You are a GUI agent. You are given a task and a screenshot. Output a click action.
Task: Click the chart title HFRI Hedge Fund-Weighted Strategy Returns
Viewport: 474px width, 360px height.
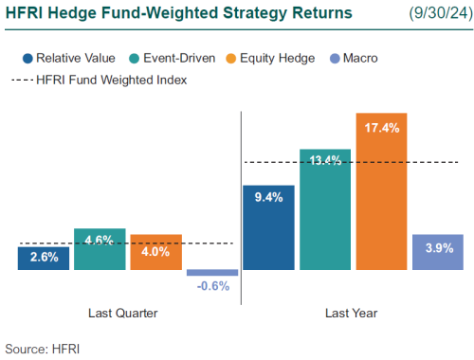point(178,13)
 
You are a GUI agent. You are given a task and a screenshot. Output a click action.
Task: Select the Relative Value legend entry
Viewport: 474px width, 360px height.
point(70,58)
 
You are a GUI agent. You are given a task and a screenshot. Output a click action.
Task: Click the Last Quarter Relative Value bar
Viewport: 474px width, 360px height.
point(44,258)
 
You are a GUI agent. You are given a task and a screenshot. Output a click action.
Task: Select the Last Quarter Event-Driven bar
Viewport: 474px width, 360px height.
point(100,249)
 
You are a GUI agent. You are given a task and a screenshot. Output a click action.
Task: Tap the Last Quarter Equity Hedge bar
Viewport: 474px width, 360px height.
point(155,252)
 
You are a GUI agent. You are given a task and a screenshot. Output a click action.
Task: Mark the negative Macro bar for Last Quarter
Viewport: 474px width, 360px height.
point(211,272)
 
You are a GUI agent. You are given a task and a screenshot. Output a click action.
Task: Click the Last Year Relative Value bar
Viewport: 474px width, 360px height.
point(268,227)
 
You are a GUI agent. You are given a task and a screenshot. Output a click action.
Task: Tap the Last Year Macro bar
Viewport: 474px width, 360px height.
point(437,252)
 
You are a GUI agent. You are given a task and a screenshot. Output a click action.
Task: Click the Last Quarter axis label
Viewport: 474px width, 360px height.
point(122,312)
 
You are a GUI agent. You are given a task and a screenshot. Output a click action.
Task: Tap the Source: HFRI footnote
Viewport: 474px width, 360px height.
point(43,348)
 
